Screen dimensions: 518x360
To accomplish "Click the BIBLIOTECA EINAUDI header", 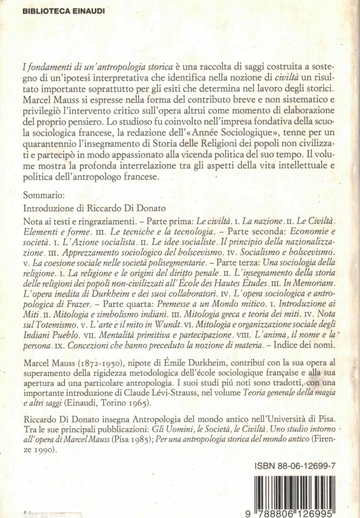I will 58,11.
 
